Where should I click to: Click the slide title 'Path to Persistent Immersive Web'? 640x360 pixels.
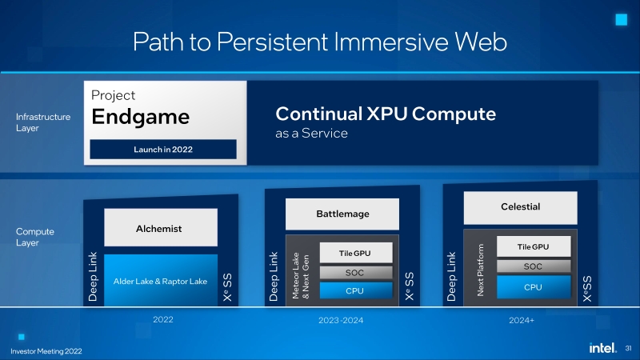coord(319,41)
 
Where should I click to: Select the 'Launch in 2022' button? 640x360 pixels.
coord(163,149)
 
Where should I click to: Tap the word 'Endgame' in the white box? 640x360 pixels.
coord(140,117)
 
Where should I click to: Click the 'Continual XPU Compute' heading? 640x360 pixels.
coord(386,114)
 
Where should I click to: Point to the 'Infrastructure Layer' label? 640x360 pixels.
coord(43,122)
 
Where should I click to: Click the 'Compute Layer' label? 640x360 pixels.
coord(36,237)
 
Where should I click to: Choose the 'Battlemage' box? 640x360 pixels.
coord(342,214)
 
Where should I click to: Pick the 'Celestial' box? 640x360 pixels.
coord(520,207)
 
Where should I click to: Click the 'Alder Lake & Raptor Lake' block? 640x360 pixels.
coord(161,281)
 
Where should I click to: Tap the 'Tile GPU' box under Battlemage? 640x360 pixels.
coord(355,253)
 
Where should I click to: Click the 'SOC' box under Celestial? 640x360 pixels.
coord(533,266)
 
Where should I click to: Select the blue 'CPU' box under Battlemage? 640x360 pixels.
coord(355,290)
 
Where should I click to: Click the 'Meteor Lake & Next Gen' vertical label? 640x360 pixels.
coord(299,273)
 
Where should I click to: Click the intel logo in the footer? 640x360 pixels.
coord(601,349)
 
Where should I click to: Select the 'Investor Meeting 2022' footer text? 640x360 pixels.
coord(46,351)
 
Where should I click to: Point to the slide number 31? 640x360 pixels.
coord(628,349)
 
